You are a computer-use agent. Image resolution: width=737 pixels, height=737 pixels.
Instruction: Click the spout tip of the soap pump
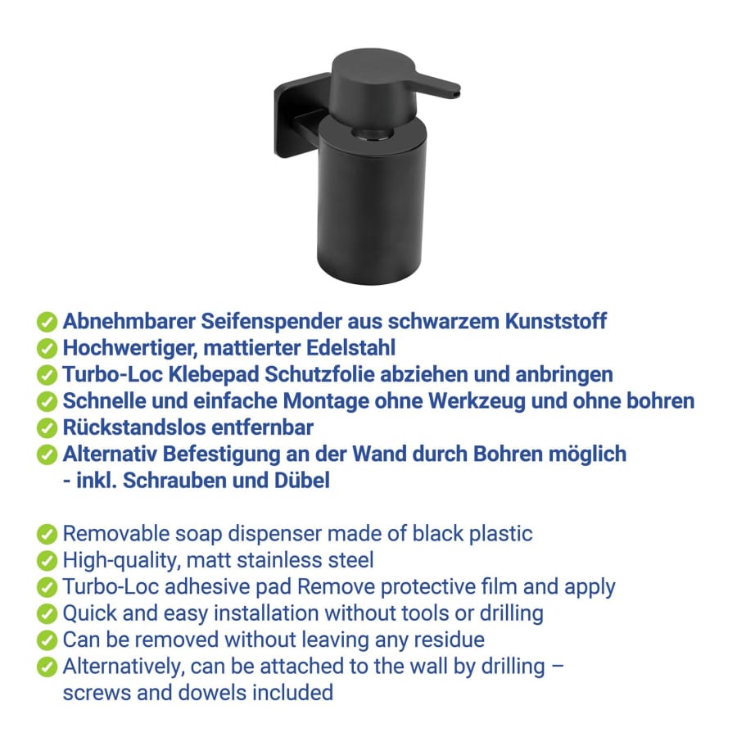tap(457, 93)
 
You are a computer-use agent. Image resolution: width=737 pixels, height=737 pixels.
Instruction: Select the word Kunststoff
tap(555, 321)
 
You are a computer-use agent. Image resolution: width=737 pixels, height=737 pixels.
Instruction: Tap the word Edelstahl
tap(350, 348)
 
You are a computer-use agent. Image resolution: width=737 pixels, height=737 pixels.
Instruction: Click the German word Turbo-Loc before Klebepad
tap(113, 374)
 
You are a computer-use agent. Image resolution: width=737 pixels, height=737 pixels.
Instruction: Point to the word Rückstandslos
tap(134, 427)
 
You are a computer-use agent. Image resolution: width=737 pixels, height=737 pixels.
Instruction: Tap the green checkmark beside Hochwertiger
tap(47, 348)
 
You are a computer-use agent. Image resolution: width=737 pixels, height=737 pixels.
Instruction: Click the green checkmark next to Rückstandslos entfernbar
tap(47, 427)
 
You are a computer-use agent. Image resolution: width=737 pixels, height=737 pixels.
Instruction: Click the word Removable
tap(116, 533)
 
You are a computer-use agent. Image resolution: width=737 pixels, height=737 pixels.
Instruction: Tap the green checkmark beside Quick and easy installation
tap(47, 613)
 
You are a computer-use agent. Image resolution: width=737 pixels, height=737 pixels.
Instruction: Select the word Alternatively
tap(124, 667)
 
